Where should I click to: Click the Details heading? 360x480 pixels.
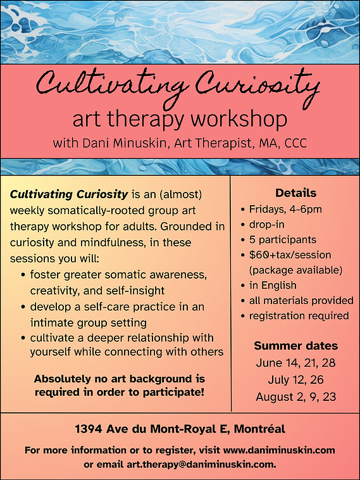(x=295, y=193)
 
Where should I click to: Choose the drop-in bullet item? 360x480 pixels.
(x=267, y=225)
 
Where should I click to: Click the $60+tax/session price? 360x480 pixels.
(x=290, y=255)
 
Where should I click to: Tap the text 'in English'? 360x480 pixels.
(x=273, y=286)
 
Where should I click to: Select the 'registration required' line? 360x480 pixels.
(x=299, y=315)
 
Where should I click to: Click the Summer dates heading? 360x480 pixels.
(x=295, y=346)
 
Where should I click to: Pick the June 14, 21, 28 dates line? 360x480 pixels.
(x=295, y=363)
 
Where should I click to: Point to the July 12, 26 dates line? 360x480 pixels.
(x=295, y=380)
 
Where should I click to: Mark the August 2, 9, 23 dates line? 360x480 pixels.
(x=295, y=397)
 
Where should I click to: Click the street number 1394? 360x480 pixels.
(x=89, y=429)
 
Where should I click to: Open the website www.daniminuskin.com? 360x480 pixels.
(x=279, y=450)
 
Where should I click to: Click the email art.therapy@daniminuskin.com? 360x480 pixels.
(x=201, y=464)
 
